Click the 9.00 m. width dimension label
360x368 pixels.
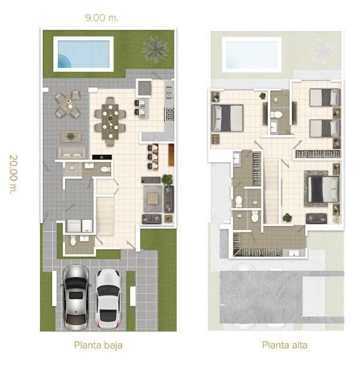pos(102,18)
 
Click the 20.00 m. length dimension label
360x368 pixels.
pos(13,174)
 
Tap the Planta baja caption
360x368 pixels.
pos(98,345)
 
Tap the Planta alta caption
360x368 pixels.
pos(285,345)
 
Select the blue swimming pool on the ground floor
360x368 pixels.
pos(84,54)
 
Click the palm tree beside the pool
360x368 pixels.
pos(155,49)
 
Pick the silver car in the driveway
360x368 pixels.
pos(76,297)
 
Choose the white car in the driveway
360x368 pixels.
pos(108,298)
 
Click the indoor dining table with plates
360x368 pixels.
pos(110,121)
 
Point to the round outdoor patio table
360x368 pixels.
pos(68,104)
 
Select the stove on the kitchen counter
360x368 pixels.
pos(170,114)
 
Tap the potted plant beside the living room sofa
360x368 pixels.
pos(167,179)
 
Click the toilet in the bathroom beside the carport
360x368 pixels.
pos(73,241)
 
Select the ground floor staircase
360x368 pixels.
pos(105,216)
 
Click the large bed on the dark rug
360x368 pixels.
pos(324,189)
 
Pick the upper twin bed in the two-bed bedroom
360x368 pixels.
pos(325,97)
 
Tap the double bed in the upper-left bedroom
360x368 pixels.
pos(227,118)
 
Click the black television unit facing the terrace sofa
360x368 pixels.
pos(102,157)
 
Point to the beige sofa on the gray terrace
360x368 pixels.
pos(72,152)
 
